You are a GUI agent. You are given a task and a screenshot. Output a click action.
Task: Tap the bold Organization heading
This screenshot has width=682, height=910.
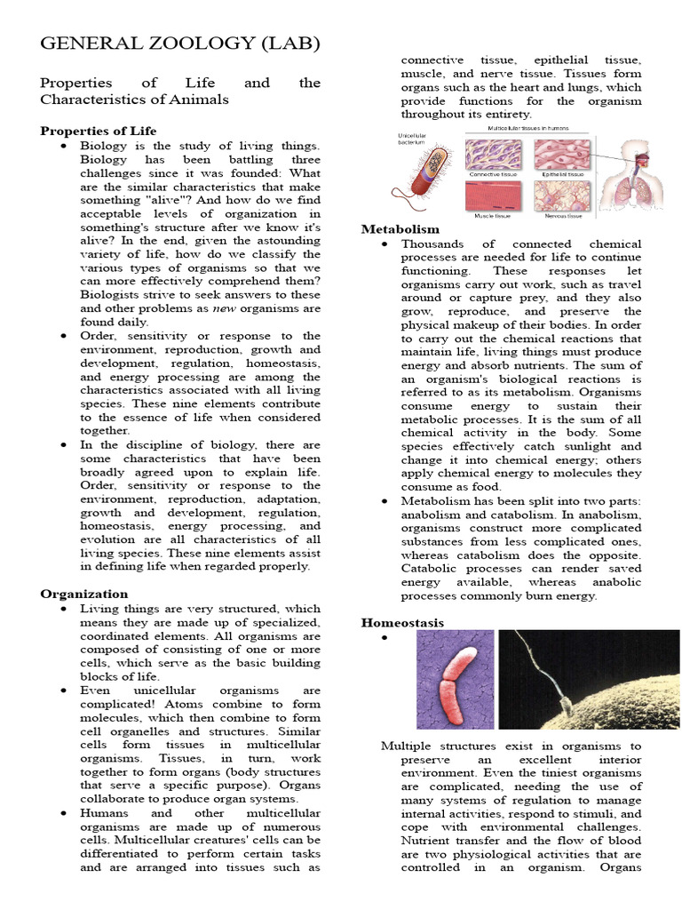coord(84,594)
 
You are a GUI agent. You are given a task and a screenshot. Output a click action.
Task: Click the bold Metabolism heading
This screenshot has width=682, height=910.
coord(400,229)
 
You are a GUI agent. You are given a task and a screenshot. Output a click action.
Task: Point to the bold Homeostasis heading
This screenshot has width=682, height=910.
coord(402,623)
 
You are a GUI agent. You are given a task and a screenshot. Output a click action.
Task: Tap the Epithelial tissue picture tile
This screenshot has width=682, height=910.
coord(562,156)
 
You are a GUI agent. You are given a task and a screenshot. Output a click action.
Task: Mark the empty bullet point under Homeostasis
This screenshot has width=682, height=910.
coord(385,640)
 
